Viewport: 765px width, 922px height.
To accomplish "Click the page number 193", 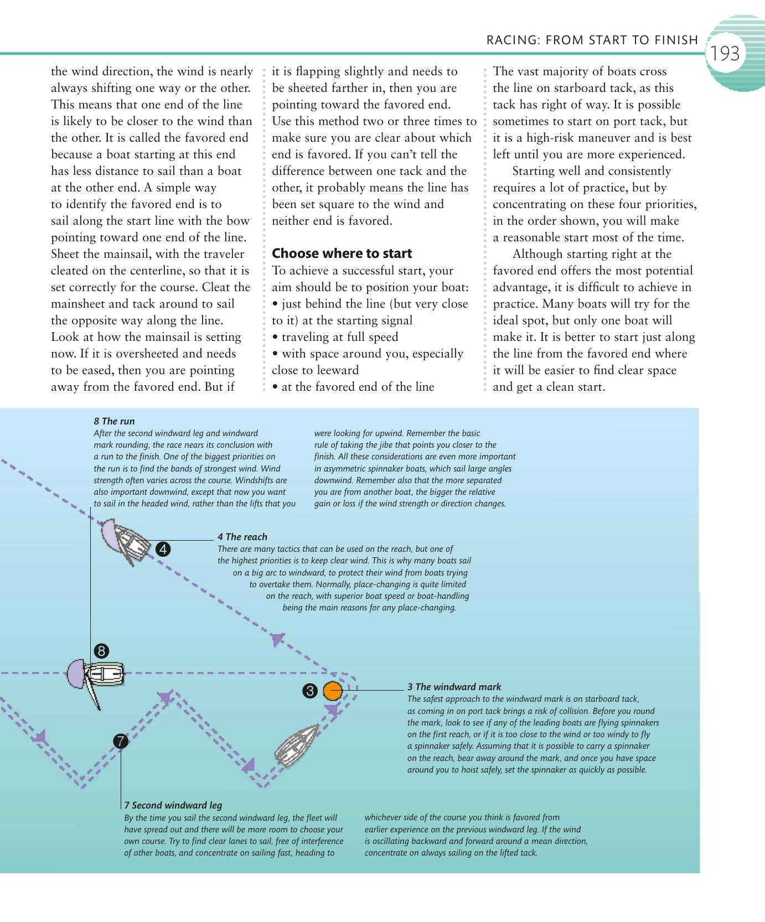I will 725,54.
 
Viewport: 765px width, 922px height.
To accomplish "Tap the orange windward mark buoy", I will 333,691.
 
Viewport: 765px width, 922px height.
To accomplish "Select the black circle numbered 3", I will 310,691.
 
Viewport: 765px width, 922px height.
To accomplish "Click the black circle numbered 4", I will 163,549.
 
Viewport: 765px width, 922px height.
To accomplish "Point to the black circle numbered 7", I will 121,741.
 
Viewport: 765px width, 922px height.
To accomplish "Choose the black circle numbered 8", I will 101,651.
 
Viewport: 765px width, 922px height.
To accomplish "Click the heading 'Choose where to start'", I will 342,253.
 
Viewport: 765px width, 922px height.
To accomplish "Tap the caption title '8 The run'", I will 114,421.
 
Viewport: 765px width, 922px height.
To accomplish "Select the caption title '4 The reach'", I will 242,537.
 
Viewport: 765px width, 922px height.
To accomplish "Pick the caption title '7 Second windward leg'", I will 173,805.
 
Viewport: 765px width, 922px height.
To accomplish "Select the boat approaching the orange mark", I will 297,743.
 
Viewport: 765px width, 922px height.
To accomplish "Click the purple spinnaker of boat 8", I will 76,674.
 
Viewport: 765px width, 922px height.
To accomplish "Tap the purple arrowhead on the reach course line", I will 277,640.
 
